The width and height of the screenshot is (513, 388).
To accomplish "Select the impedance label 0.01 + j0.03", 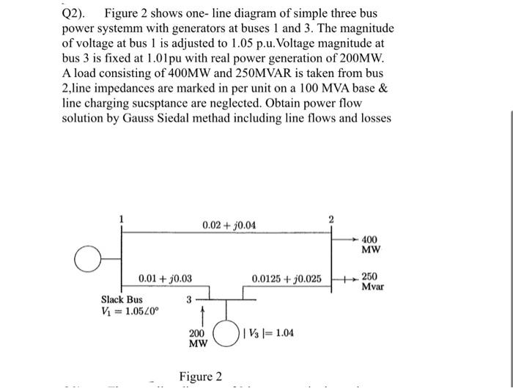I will (166, 279).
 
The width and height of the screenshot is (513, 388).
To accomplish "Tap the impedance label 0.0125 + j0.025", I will (287, 279).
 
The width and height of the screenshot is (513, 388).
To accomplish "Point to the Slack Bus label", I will (122, 299).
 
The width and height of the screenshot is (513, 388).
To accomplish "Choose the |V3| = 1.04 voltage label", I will (274, 333).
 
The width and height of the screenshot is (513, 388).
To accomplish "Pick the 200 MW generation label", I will (198, 338).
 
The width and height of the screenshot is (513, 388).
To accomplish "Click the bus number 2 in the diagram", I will (331, 219).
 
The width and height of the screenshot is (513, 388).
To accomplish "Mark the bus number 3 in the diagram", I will (188, 299).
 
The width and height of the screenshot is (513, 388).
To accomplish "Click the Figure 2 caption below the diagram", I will (201, 377).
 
